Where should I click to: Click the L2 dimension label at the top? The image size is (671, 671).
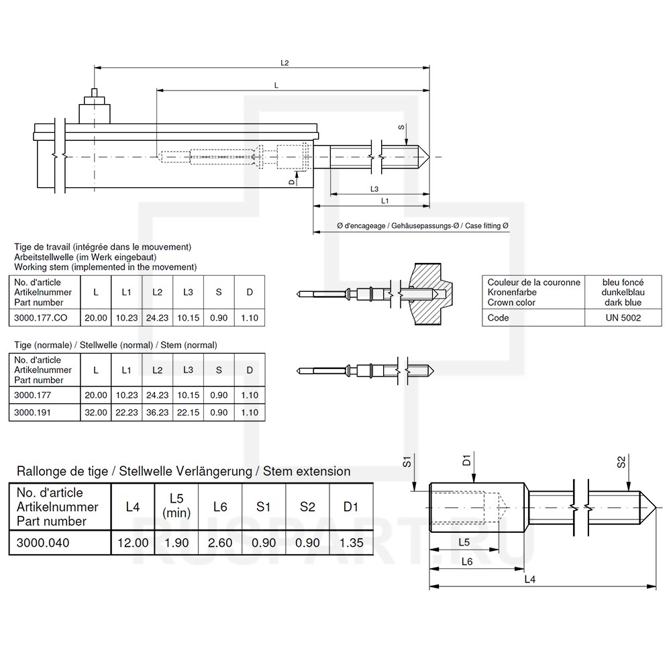285,62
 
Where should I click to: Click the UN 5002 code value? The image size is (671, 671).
623,318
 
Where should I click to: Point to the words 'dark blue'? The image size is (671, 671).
623,303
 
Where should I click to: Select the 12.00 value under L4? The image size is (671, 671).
133,542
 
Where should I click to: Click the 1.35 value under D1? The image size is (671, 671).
350,542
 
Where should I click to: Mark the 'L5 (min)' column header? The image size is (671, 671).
176,506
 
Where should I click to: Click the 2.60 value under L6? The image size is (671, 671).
220,542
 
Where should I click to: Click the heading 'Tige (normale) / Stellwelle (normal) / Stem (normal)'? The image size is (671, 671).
115,345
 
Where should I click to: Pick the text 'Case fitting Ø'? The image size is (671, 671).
486,227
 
